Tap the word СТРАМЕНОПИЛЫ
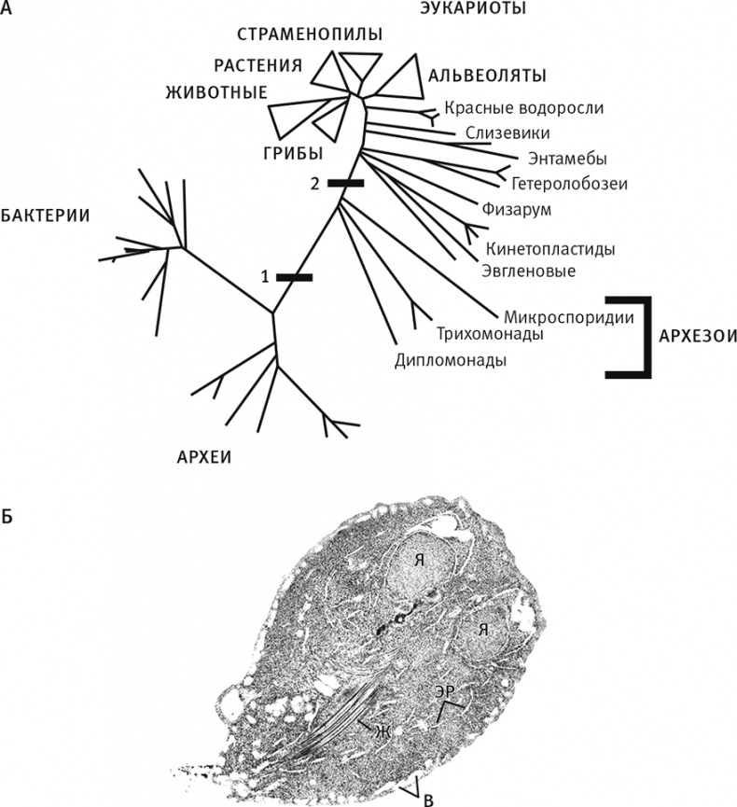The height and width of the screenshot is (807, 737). click(310, 35)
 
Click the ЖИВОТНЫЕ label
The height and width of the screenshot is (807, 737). click(216, 92)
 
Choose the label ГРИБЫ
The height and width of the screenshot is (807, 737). click(292, 152)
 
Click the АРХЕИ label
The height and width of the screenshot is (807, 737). click(203, 456)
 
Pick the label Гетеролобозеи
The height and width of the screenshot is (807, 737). click(569, 182)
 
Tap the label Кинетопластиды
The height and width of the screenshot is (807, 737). click(550, 250)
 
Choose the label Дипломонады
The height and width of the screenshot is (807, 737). click(451, 359)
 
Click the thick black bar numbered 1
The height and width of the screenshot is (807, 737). click(295, 277)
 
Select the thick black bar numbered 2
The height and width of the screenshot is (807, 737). click(345, 184)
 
